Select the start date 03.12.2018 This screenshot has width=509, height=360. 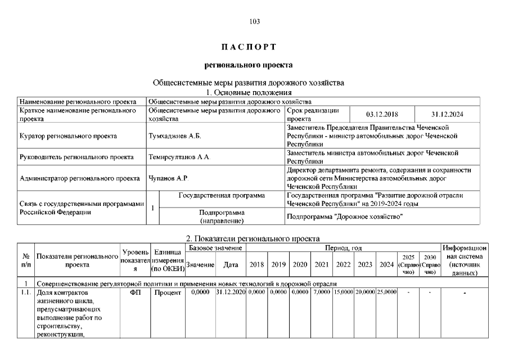(x=382, y=114)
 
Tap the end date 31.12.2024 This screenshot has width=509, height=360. (x=447, y=114)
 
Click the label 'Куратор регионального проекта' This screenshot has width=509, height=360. (x=68, y=136)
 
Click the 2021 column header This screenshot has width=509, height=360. (x=322, y=264)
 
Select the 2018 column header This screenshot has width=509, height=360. (x=256, y=264)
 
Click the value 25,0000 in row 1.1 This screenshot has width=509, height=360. (x=386, y=292)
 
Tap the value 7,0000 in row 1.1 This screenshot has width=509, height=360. (x=322, y=292)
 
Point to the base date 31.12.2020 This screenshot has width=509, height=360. (x=231, y=292)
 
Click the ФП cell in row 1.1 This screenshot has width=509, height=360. (x=135, y=292)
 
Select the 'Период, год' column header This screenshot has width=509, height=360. (x=343, y=247)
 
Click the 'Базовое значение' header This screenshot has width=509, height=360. (x=215, y=247)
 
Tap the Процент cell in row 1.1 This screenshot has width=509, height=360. (x=167, y=292)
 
